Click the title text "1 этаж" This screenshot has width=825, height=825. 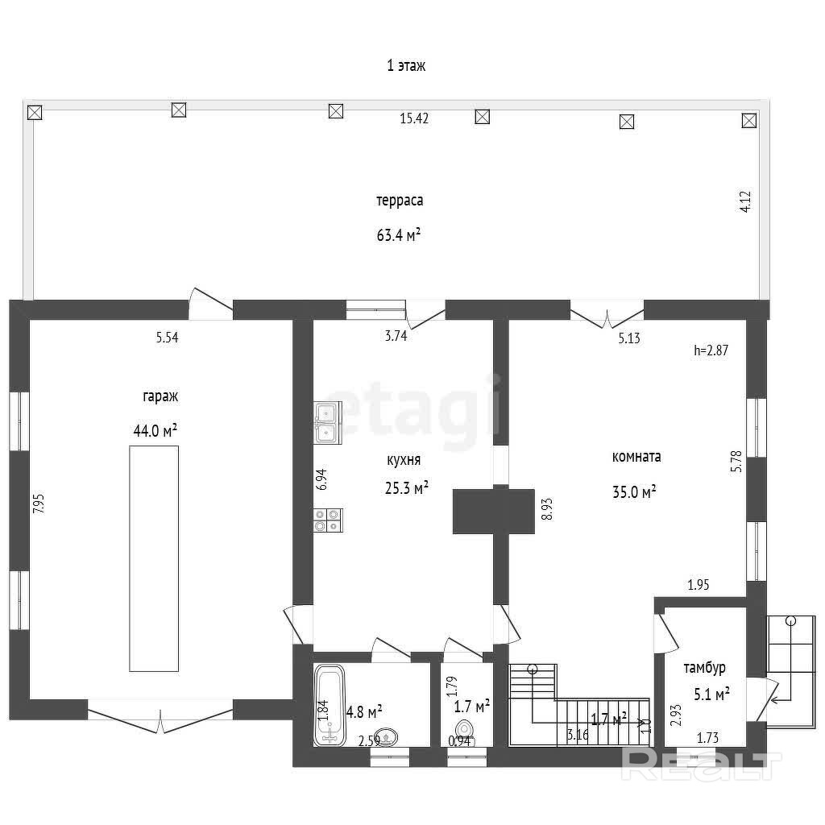point(406,66)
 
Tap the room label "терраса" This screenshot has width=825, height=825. point(400,201)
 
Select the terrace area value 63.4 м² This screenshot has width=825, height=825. point(398,234)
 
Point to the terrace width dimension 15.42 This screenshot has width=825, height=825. point(414,118)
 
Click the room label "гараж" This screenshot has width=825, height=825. point(160,396)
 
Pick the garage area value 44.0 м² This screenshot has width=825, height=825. point(155,430)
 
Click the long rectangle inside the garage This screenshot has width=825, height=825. point(154,558)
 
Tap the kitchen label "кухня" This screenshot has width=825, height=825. point(404,460)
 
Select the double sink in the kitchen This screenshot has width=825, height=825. point(328,422)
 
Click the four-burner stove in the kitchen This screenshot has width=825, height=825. point(328,520)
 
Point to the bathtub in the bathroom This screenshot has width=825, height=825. point(330,705)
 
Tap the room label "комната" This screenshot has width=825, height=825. point(636,457)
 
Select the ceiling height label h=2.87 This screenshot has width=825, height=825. point(711,350)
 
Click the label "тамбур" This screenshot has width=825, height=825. point(704,668)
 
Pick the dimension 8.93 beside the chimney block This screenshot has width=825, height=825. point(548,509)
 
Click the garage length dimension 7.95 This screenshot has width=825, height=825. point(39,504)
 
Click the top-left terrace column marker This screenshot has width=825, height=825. point(35,112)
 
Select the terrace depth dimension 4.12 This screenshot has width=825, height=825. point(745,201)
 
